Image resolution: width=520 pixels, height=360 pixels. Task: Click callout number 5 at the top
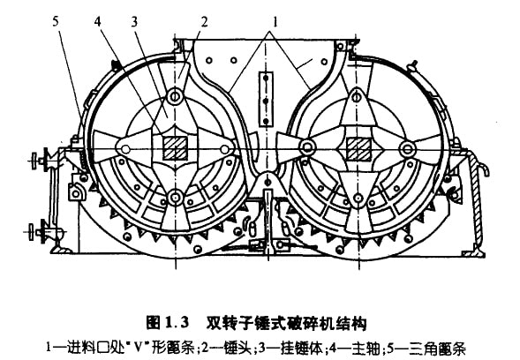pos(56,22)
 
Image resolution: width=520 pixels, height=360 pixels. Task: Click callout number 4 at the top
pos(97,22)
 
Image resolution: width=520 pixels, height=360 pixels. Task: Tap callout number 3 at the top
pos(134,22)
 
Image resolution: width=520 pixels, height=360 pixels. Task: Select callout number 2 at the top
pos(204,22)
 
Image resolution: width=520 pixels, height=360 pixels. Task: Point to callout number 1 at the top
pos(275,22)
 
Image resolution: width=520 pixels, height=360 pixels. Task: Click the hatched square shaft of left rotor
pos(175,148)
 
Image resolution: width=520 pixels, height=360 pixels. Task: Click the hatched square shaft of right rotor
pos(358,149)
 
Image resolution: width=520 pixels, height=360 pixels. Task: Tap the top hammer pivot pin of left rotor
pos(175,96)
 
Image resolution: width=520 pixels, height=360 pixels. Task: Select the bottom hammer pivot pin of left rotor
pos(175,198)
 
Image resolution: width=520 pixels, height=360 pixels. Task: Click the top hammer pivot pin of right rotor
pos(357,97)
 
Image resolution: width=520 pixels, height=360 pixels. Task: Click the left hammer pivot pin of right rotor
pos(306,146)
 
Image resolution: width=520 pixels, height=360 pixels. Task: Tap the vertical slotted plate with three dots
pos(266,99)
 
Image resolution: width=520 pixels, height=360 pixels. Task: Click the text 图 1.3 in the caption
pos(168,322)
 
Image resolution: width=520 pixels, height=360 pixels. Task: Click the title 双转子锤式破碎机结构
pos(287,323)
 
